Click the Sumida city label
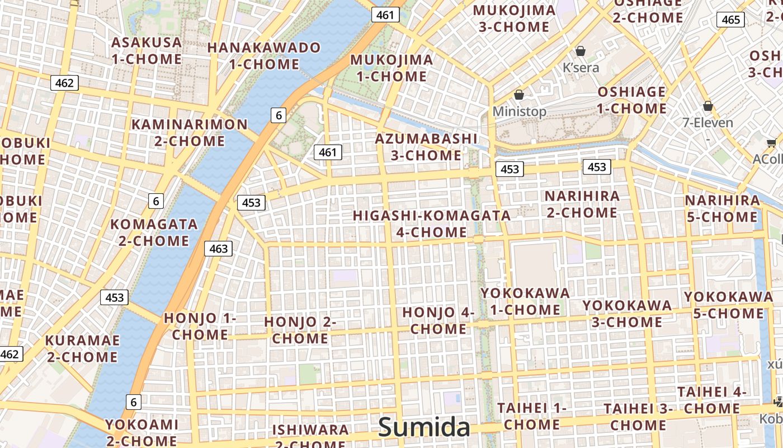[x=424, y=427]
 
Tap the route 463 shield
[x=218, y=248]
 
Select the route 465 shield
[x=731, y=20]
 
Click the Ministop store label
[x=519, y=111]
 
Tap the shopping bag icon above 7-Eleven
[x=708, y=106]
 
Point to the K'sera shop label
[x=581, y=68]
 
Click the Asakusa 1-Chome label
[x=147, y=50]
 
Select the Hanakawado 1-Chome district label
[x=264, y=55]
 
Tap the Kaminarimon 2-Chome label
[x=189, y=132]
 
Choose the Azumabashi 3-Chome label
[x=426, y=147]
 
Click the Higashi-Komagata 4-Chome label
[x=432, y=223]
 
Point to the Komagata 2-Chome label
[x=154, y=232]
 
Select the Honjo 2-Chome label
[x=300, y=330]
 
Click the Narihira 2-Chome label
[x=582, y=204]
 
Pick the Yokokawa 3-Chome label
[x=627, y=314]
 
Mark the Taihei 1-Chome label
[x=531, y=416]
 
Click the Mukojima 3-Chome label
[x=515, y=18]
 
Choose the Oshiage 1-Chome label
[x=632, y=100]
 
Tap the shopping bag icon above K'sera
[x=581, y=51]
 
